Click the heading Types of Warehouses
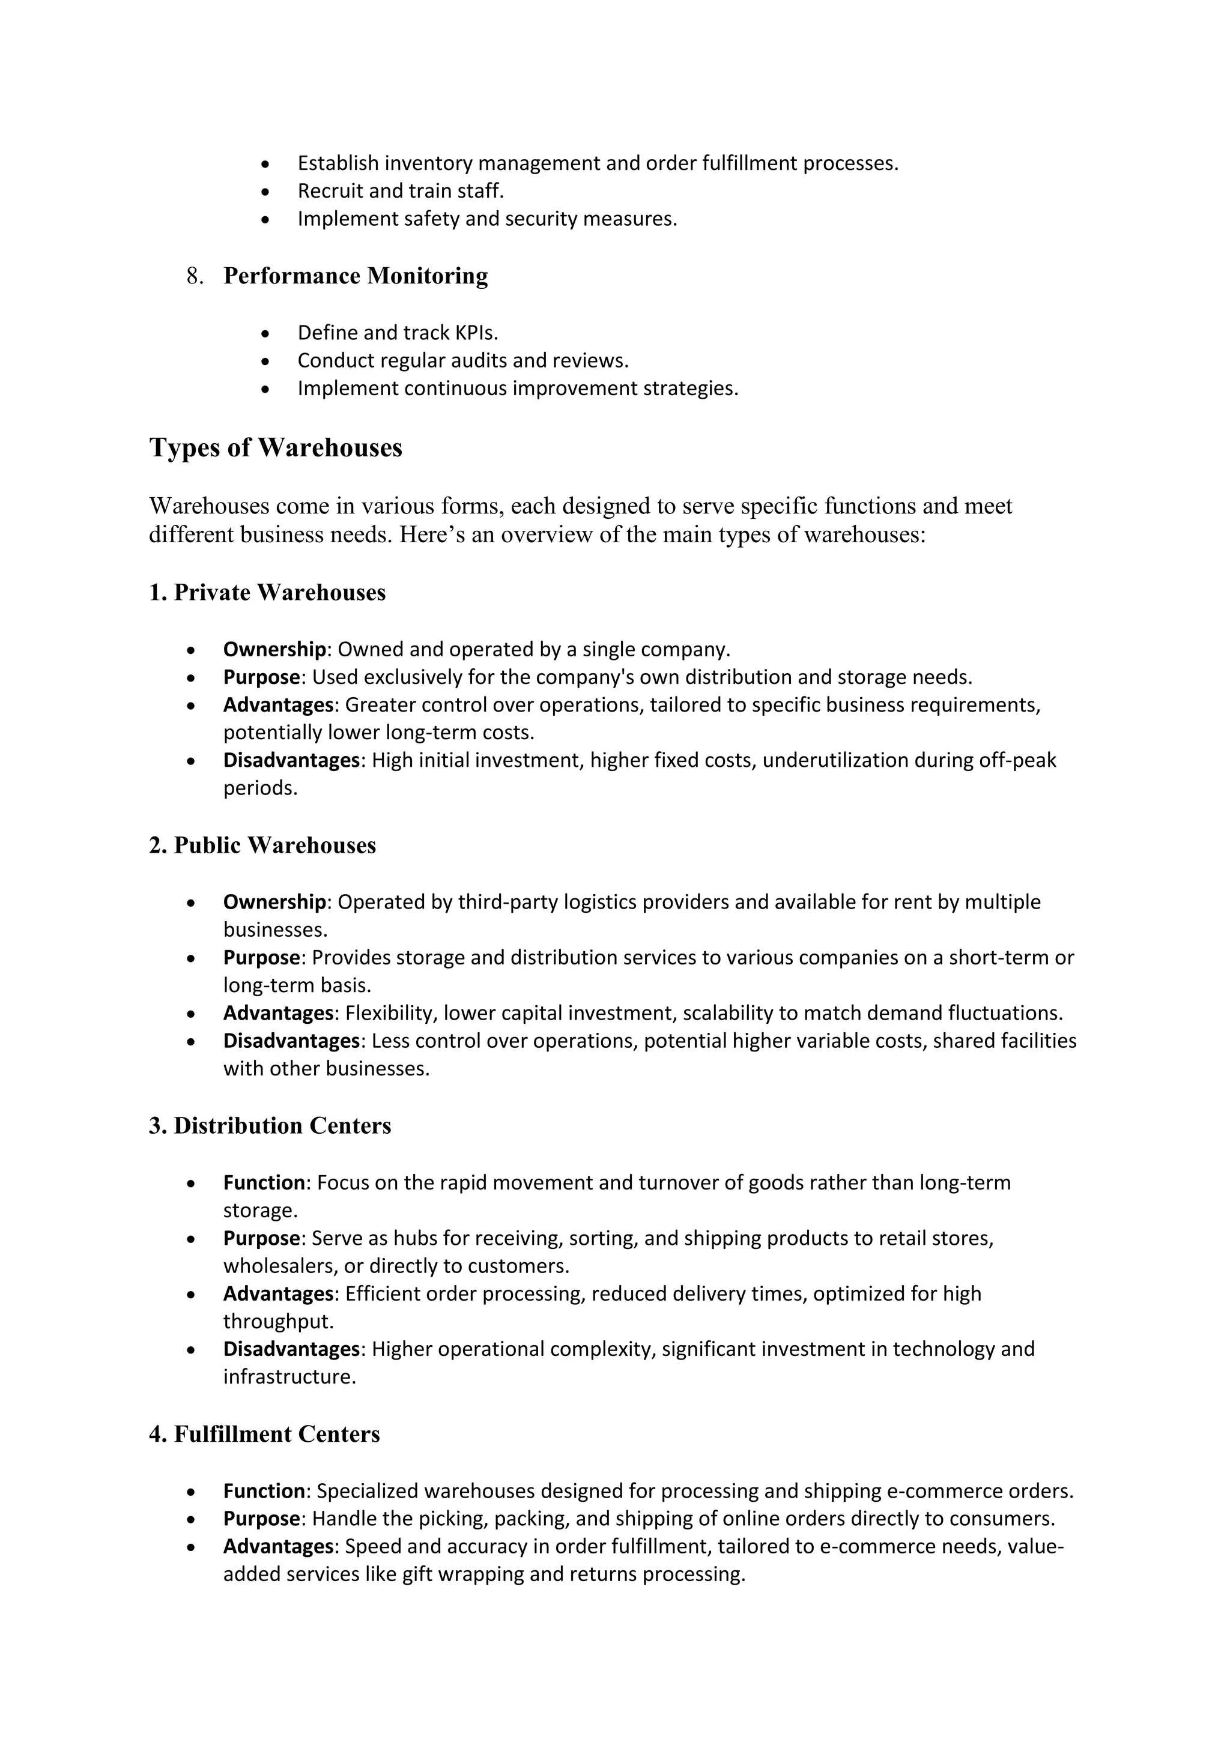coord(276,447)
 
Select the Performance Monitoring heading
coord(355,276)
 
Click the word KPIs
coord(476,333)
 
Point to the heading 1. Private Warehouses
coord(267,592)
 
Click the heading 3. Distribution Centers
coord(270,1125)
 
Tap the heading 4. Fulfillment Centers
coord(264,1435)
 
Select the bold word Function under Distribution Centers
coord(264,1182)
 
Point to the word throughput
coord(278,1322)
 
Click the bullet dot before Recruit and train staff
coord(264,192)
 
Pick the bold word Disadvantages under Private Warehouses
coord(291,760)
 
